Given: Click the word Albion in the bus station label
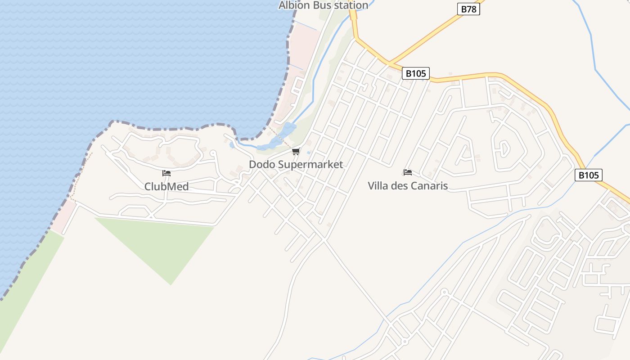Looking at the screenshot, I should (x=294, y=5).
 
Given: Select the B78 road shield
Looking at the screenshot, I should (x=468, y=9).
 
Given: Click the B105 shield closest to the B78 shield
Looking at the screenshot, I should (x=415, y=73).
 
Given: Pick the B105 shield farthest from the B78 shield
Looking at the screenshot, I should (x=588, y=175).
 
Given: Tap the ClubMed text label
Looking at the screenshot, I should (x=166, y=186).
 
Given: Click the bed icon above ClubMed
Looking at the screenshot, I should (x=166, y=173).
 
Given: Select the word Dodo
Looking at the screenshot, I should (x=262, y=165).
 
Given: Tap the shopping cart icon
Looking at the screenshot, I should (x=296, y=151).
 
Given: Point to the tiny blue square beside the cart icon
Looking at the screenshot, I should (x=309, y=153).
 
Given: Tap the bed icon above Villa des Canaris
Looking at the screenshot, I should (x=408, y=172).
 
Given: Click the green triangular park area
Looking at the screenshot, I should (x=166, y=243).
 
